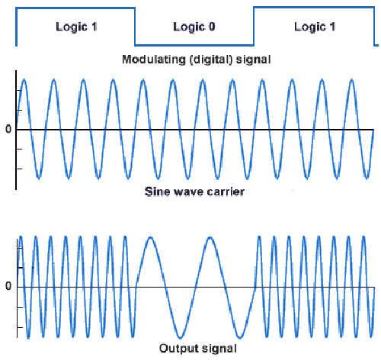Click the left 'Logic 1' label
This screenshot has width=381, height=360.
pyautogui.click(x=76, y=27)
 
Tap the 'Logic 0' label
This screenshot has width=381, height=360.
pyautogui.click(x=194, y=27)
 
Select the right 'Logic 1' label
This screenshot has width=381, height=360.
pyautogui.click(x=315, y=27)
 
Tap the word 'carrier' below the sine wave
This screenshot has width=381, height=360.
pyautogui.click(x=226, y=191)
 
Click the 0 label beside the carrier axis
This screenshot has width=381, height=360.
pyautogui.click(x=8, y=130)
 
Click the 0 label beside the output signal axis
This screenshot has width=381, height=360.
pyautogui.click(x=8, y=286)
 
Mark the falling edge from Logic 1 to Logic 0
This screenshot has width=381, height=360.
pyautogui.click(x=135, y=27)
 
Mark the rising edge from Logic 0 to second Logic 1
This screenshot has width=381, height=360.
pyautogui.click(x=254, y=27)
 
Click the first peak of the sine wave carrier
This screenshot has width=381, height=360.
pyautogui.click(x=24, y=79)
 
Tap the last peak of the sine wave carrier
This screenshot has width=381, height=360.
pyautogui.click(x=352, y=79)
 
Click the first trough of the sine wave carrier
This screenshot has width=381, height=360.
pyautogui.click(x=39, y=178)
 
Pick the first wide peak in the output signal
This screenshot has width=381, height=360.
pyautogui.click(x=151, y=237)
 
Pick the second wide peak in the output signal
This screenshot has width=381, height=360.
pyautogui.click(x=210, y=237)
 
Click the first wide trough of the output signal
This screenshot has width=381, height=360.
pyautogui.click(x=180, y=338)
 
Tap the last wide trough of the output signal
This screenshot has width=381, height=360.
pyautogui.click(x=239, y=338)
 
